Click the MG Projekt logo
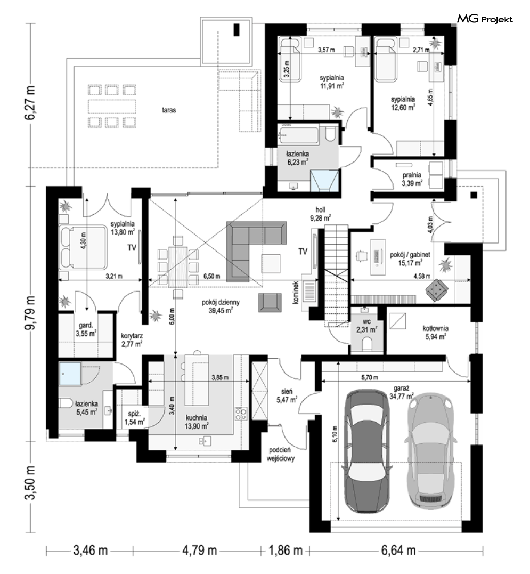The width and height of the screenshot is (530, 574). (x=485, y=19)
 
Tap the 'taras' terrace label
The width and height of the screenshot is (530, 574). (x=169, y=110)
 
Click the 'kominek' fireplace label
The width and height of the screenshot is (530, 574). (x=296, y=293)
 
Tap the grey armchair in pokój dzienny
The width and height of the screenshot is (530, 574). (x=270, y=302)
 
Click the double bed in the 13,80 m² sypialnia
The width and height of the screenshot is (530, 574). (x=83, y=247)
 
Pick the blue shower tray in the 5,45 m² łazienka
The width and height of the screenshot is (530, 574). (x=70, y=374)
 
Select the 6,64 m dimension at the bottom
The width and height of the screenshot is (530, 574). (x=398, y=550)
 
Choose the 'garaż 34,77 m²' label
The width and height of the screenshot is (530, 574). (x=402, y=392)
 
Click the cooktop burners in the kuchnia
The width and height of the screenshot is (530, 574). (x=241, y=413)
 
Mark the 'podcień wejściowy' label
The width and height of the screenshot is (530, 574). (x=282, y=454)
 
